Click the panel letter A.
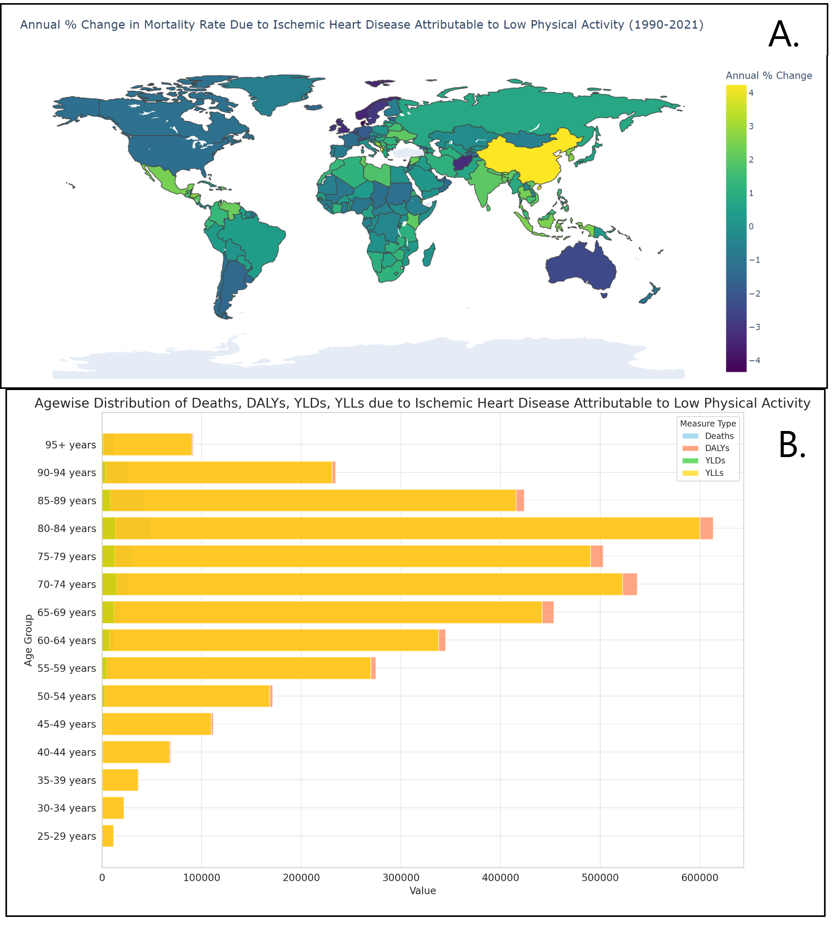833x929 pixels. click(783, 35)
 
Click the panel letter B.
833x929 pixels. click(791, 445)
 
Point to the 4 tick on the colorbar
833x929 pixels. click(751, 93)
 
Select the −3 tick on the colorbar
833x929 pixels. click(754, 327)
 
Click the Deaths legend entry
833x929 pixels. click(719, 436)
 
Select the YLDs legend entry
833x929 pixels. click(715, 460)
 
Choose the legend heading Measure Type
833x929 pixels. click(707, 423)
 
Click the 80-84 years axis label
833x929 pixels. click(67, 528)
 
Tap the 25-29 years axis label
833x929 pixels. click(67, 836)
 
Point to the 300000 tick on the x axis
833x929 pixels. click(401, 877)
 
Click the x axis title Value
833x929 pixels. click(423, 890)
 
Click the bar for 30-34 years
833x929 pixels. click(113, 808)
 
